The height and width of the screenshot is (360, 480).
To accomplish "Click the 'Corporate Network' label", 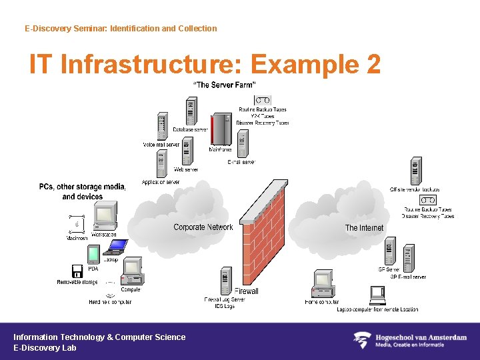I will point(203,227).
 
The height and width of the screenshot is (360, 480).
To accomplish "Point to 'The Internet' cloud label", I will point(364,228).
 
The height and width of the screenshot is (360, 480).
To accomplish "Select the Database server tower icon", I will point(192,112).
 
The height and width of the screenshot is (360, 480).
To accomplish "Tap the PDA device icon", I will point(93,255).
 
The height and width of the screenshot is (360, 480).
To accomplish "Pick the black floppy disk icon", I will point(77,271).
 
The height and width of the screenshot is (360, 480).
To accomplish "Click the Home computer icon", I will point(322,284).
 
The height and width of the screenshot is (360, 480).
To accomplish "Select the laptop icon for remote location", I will point(378,295).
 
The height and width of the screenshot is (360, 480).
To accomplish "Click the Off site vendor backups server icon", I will point(416,171).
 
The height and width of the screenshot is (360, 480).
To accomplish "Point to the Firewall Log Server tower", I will point(225,281).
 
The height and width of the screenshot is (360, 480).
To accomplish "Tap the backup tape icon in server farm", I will point(263,100).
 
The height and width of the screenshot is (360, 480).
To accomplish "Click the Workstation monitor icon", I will point(104,217).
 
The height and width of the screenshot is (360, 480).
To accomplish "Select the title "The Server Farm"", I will point(224,85).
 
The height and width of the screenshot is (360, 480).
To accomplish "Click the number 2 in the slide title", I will point(373,65).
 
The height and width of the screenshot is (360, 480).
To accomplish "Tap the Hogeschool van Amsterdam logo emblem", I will point(361,341).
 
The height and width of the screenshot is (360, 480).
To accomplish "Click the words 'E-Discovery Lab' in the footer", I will point(45,348).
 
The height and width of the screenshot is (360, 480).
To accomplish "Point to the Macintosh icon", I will point(77,225).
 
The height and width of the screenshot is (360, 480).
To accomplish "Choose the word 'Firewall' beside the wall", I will point(247,291).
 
